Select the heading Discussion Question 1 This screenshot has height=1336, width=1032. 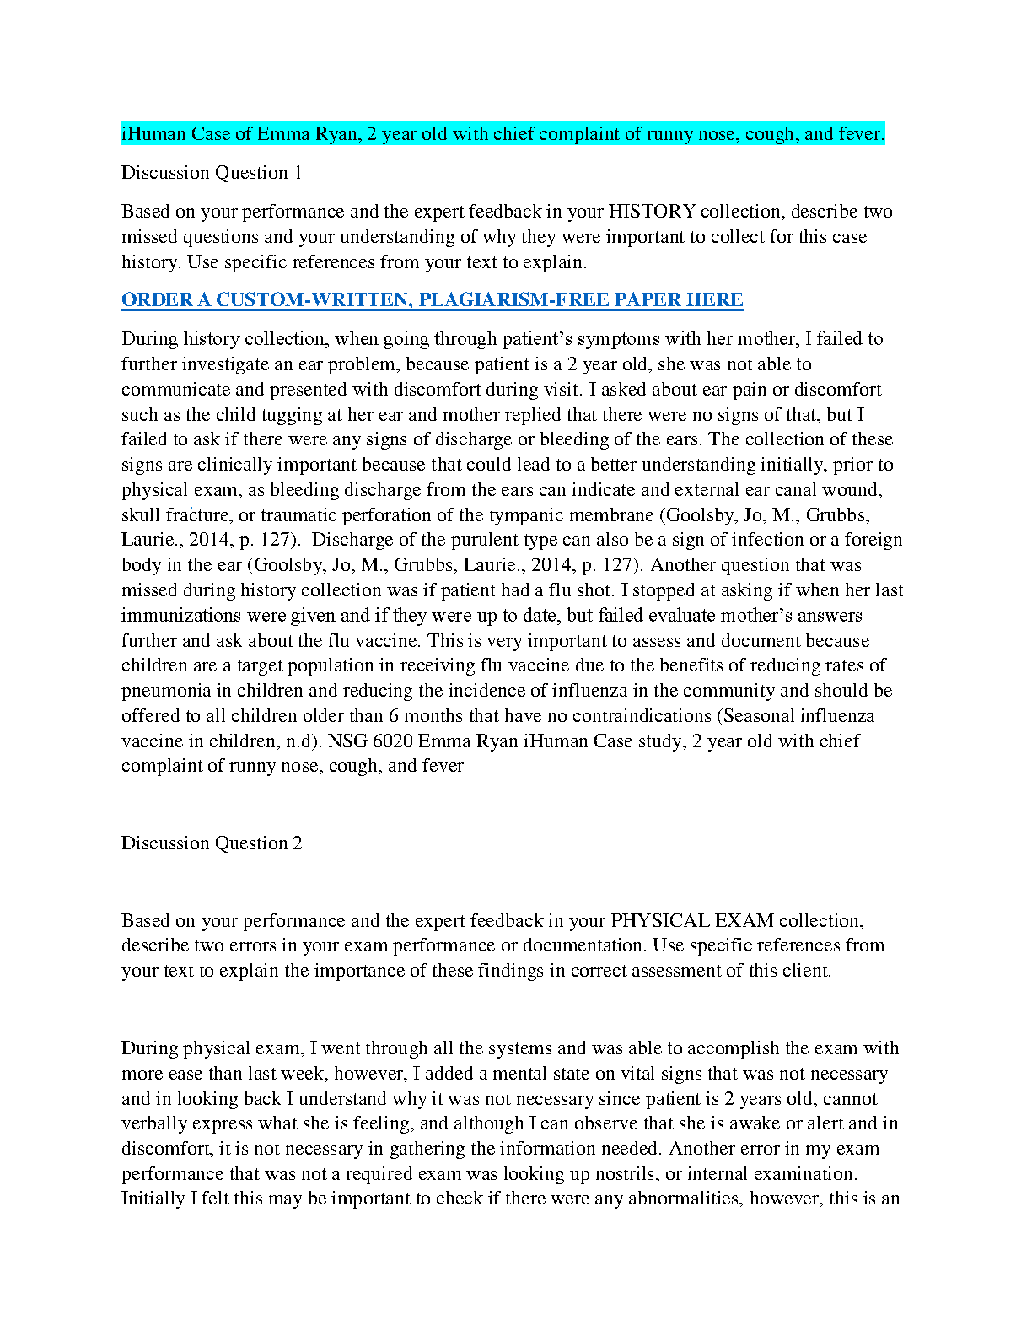[212, 173]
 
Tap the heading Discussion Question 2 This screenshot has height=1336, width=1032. [212, 843]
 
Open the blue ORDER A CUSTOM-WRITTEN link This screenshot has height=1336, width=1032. [432, 300]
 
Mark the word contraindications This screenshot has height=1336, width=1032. [642, 716]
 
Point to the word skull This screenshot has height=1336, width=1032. [141, 515]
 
